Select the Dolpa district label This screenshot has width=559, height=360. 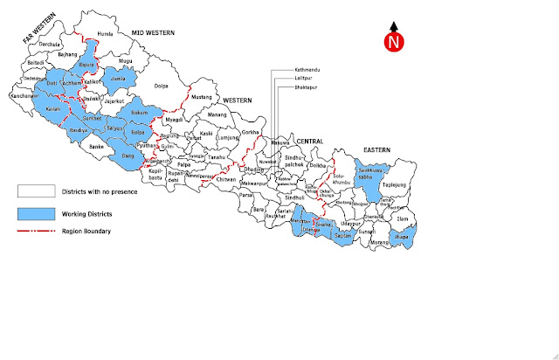point(161,87)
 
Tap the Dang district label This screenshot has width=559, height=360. point(128,156)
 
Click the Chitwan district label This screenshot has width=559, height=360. point(225,181)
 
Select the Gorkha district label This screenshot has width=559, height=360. point(252,132)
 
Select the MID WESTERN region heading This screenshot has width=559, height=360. point(153,32)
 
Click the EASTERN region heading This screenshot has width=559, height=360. point(376,149)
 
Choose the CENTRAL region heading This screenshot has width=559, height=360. point(308,142)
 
